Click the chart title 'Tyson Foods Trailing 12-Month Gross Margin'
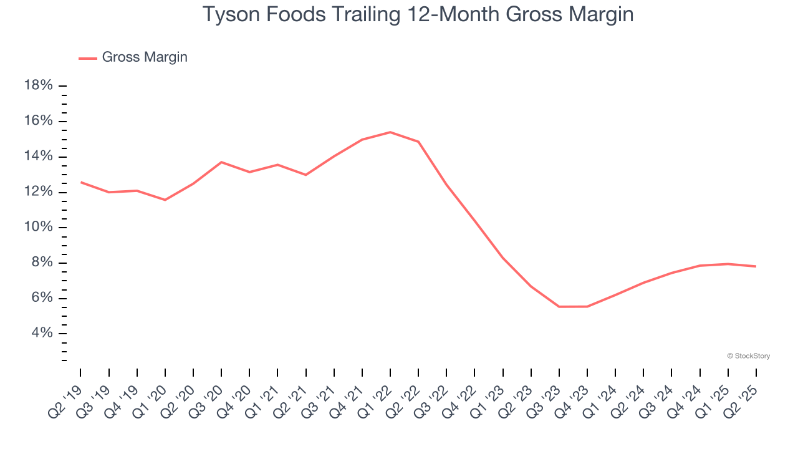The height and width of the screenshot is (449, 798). coord(418,14)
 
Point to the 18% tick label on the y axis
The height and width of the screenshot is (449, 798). coord(38,85)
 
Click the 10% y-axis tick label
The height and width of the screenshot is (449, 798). coord(38,227)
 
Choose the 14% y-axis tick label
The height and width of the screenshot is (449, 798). coord(38,156)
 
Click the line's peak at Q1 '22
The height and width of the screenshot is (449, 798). coord(390,132)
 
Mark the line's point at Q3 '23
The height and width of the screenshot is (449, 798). coord(559,307)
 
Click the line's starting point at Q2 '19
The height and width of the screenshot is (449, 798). coord(81,182)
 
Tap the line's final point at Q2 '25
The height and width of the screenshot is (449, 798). coord(756,266)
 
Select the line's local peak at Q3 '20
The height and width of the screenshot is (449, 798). coord(221,162)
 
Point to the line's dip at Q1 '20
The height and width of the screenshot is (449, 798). coord(165,200)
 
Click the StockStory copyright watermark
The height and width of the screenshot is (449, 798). coord(748,356)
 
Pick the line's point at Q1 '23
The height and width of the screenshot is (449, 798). coord(502,258)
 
